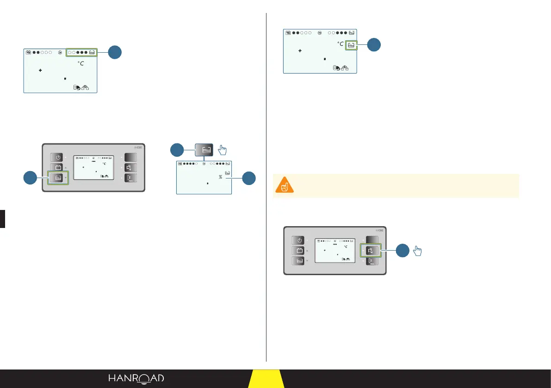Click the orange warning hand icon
[x=283, y=186]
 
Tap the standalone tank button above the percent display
[x=204, y=149]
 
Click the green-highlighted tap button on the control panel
[x=371, y=251]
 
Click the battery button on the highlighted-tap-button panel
[x=299, y=251]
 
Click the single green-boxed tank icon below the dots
[x=352, y=45]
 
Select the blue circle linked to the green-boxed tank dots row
[x=116, y=53]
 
